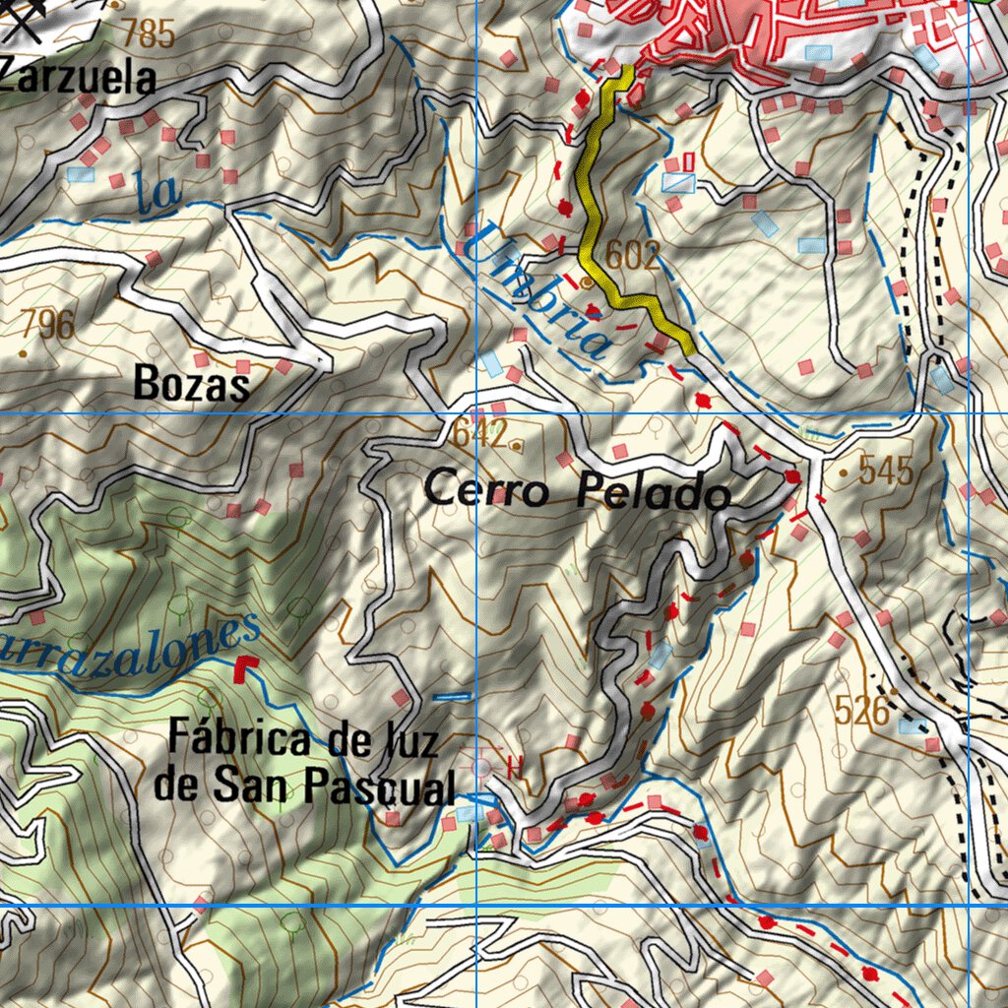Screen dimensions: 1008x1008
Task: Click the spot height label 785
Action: tap(149, 36)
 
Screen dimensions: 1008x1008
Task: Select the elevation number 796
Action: tap(47, 324)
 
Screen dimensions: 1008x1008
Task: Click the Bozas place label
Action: tap(191, 384)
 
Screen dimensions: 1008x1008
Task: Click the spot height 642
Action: tap(479, 432)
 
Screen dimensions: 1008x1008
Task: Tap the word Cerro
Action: tap(487, 489)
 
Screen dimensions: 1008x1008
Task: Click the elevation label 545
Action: tap(886, 472)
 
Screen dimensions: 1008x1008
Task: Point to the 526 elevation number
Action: tap(861, 709)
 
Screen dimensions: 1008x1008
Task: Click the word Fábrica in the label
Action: tap(242, 737)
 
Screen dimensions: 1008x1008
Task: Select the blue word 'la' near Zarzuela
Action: tap(158, 192)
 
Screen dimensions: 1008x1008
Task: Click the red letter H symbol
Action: tap(513, 765)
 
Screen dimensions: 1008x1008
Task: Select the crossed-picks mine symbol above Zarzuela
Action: tap(26, 20)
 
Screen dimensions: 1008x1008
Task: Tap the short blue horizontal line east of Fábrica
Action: tap(452, 697)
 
